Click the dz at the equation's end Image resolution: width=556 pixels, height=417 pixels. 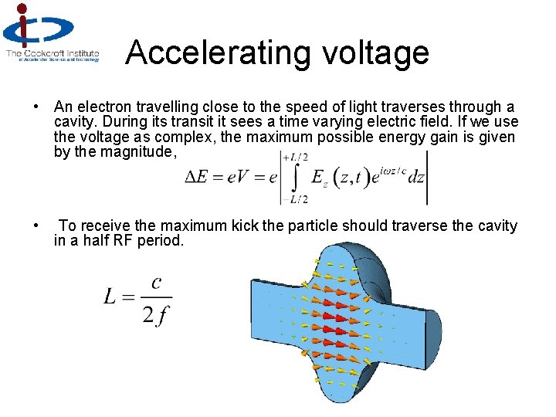pyautogui.click(x=415, y=178)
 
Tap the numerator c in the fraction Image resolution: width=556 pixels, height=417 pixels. pyautogui.click(x=157, y=283)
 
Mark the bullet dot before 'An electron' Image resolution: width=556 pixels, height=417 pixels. pyautogui.click(x=36, y=107)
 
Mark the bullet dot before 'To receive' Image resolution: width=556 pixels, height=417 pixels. pyautogui.click(x=36, y=225)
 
